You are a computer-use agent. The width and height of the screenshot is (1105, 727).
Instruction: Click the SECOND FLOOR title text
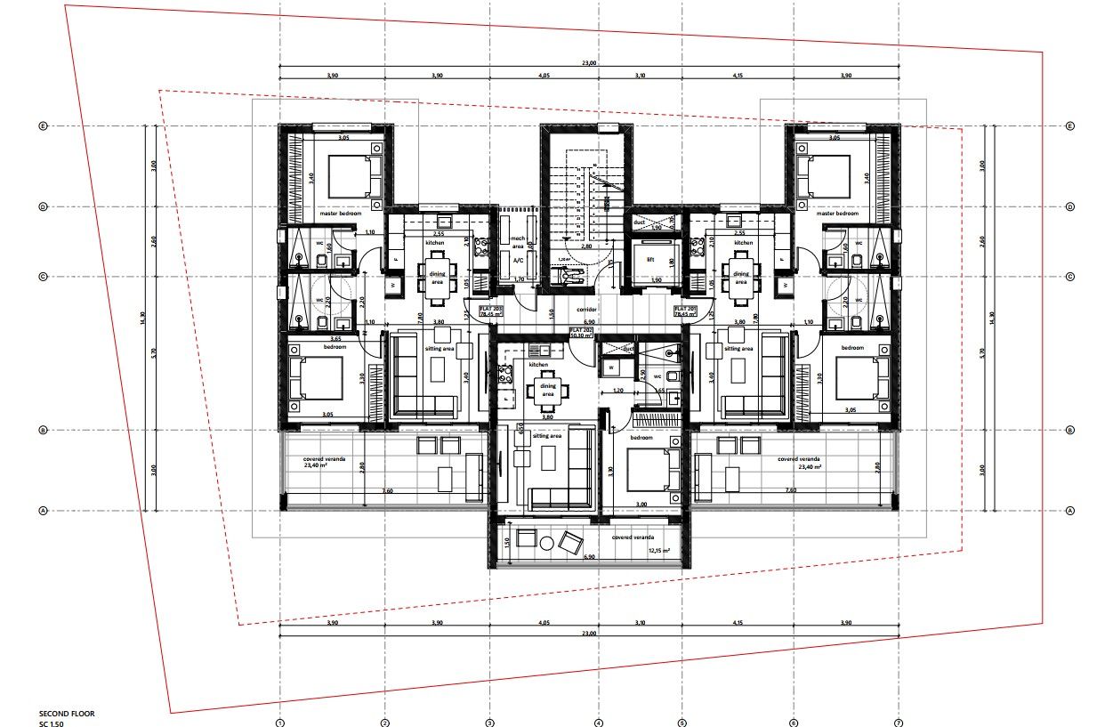(67, 714)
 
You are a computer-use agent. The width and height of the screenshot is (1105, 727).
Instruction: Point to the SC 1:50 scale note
(52, 723)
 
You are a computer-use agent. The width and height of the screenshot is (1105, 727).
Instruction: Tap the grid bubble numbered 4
(598, 722)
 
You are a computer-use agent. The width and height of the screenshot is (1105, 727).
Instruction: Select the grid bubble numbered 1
(279, 722)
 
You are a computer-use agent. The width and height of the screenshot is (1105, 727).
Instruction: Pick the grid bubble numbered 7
(899, 722)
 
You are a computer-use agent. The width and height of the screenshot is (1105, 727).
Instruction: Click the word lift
(650, 261)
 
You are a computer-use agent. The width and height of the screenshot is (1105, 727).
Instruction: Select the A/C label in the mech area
(518, 261)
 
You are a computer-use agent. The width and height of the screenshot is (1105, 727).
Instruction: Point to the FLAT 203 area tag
(491, 311)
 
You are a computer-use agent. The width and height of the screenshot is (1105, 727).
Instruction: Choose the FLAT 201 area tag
(686, 311)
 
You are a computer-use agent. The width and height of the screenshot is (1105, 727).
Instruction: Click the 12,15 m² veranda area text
(659, 551)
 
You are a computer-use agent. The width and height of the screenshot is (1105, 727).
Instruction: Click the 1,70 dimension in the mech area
(518, 279)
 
